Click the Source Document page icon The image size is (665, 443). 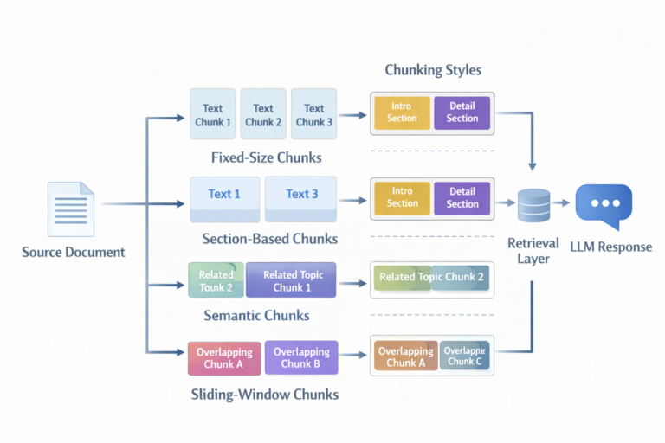pos(72,209)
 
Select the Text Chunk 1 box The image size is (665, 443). pos(213,115)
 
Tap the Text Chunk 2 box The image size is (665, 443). pos(263,115)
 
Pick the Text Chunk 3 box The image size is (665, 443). pos(314,115)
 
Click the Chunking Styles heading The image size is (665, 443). pos(433,69)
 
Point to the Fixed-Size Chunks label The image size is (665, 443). pos(266,158)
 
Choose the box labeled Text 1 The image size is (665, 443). pos(224,194)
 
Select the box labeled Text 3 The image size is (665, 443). pos(301,194)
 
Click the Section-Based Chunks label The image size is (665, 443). pos(269,238)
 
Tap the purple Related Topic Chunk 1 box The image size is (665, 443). pos(293,280)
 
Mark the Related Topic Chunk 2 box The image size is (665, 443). pos(432,277)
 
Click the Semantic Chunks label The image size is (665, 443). pos(256,316)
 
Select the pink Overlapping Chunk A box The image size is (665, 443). pos(224,357)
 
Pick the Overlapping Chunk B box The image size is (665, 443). pos(301,357)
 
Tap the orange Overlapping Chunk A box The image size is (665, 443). pos(405,356)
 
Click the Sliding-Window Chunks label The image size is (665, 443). pos(264,395)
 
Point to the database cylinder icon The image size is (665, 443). pos(533,204)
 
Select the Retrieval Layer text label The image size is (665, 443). pos(533,251)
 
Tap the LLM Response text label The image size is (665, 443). pos(610,247)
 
